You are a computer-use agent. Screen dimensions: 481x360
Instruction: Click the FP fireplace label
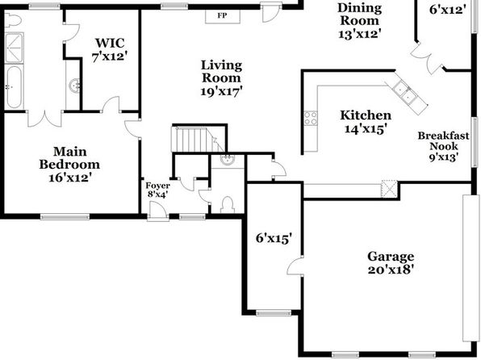(223, 15)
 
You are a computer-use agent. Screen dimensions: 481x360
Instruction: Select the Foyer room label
(157, 186)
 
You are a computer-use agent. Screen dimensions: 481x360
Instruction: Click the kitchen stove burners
(311, 118)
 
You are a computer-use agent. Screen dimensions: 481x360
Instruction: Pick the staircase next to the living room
(199, 140)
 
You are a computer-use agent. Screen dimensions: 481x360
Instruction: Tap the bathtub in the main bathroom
(14, 87)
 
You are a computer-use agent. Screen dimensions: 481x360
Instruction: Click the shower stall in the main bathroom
(14, 48)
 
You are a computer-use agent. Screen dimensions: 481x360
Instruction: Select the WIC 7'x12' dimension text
(110, 57)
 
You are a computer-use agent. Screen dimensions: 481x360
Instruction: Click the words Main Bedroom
(69, 158)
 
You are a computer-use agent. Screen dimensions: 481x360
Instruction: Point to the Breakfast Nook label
(444, 140)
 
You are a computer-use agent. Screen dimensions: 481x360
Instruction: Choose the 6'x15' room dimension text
(274, 238)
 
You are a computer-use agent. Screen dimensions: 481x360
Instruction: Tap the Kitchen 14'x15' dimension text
(365, 129)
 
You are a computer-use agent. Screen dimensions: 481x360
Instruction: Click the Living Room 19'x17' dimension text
(221, 91)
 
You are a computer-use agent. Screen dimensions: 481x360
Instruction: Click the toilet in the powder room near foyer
(228, 205)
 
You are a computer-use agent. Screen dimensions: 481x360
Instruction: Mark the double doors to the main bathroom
(44, 119)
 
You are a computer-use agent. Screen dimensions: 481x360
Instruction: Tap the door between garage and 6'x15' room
(295, 266)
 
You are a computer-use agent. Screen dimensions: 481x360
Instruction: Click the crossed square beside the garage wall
(389, 189)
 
